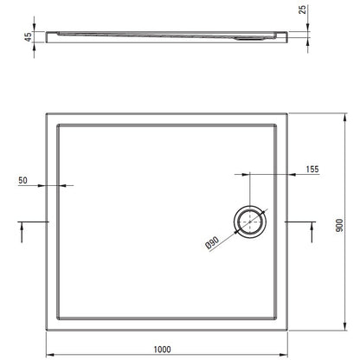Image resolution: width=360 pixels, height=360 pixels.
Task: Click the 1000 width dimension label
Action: [x=162, y=350]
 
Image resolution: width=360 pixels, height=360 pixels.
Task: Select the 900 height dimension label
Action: [x=339, y=225]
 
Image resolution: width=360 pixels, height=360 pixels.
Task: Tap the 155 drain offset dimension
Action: [x=312, y=169]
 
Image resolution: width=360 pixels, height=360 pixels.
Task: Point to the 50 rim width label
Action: [x=22, y=180]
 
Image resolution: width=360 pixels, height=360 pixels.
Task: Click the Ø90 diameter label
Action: [x=212, y=243]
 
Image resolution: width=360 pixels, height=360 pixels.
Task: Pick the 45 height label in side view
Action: [x=28, y=37]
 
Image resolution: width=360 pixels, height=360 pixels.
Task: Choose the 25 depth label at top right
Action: [x=303, y=10]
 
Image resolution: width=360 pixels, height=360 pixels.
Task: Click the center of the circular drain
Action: [x=250, y=222]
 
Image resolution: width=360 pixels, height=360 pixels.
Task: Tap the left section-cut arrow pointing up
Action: [x=22, y=233]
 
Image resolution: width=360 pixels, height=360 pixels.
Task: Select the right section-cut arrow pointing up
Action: [x=312, y=233]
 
